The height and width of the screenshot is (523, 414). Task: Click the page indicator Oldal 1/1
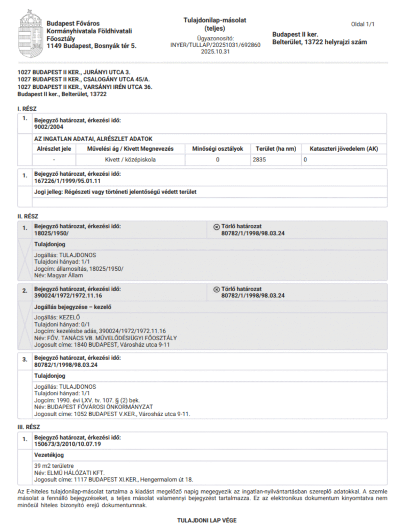pyautogui.click(x=363, y=24)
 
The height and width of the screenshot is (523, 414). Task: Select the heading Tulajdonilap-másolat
pyautogui.click(x=215, y=20)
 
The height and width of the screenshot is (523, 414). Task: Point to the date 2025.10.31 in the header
pyautogui.click(x=215, y=52)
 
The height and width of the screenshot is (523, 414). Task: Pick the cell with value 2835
pyautogui.click(x=260, y=160)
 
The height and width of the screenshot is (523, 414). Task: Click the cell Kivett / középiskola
pyautogui.click(x=130, y=160)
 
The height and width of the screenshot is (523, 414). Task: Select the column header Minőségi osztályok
pyautogui.click(x=217, y=149)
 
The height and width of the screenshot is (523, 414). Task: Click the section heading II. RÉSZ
pyautogui.click(x=28, y=217)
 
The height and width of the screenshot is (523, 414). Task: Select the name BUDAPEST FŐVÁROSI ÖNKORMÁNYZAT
pyautogui.click(x=97, y=408)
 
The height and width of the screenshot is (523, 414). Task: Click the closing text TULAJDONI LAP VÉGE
pyautogui.click(x=207, y=520)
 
